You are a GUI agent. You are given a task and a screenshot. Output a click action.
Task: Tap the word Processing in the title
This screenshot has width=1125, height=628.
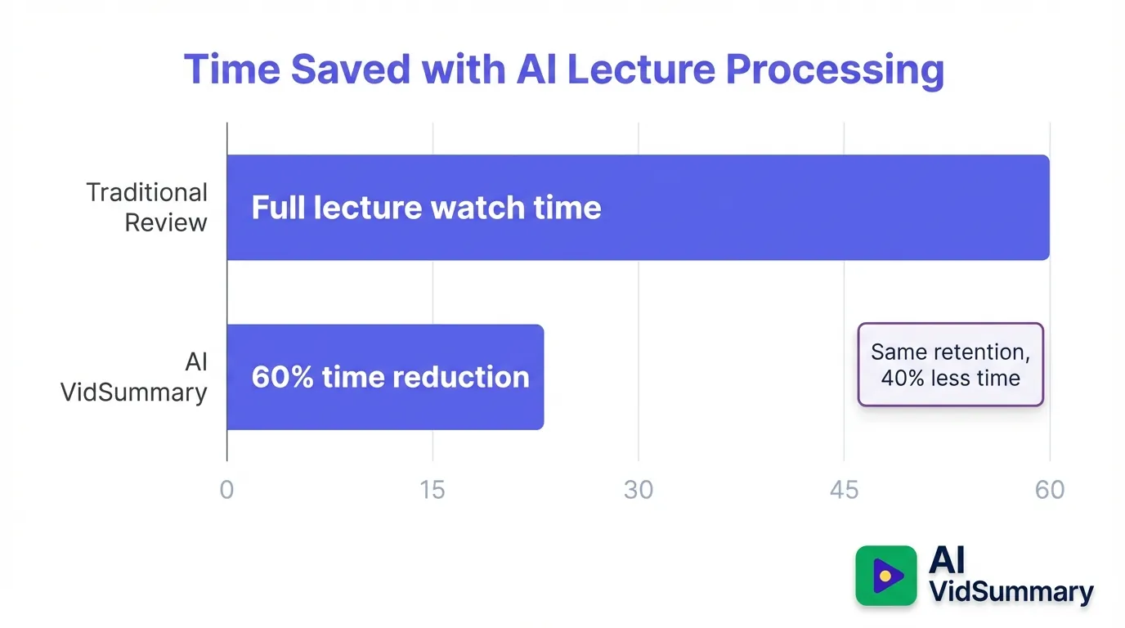click(x=835, y=70)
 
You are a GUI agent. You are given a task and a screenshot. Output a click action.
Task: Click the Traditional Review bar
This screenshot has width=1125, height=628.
click(x=638, y=208)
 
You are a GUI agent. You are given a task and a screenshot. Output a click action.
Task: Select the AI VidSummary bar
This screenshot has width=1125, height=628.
click(x=384, y=377)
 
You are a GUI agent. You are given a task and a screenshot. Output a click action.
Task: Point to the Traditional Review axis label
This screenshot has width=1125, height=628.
click(x=147, y=208)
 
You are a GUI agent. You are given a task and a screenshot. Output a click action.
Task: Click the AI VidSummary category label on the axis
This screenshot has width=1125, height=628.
click(x=135, y=377)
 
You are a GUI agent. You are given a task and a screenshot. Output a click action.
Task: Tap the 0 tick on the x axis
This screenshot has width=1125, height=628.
click(x=226, y=489)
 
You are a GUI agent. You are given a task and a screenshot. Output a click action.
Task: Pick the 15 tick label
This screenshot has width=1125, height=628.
click(x=433, y=489)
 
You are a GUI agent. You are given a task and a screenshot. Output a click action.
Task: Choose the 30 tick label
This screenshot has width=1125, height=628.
click(x=638, y=489)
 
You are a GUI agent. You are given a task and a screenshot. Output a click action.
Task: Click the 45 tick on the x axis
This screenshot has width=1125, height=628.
click(x=844, y=489)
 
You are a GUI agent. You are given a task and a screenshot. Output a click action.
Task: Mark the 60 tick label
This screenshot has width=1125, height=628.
click(x=1050, y=489)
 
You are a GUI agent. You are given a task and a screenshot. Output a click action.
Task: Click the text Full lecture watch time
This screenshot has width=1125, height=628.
click(x=426, y=208)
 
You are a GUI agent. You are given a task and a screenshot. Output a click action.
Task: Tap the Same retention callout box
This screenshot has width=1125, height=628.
click(x=950, y=365)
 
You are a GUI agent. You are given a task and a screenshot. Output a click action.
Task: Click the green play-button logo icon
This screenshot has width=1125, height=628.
click(x=886, y=576)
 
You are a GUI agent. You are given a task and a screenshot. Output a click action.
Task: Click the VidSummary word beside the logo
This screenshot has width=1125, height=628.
click(x=1011, y=591)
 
